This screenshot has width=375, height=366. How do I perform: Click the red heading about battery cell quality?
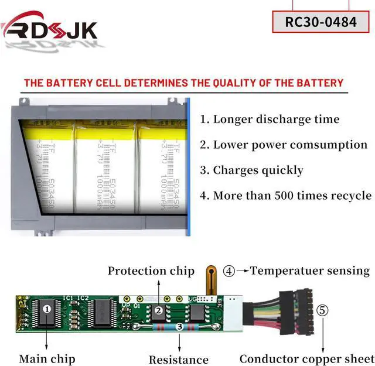pos(183,83)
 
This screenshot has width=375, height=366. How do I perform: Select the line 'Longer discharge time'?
pos(270,119)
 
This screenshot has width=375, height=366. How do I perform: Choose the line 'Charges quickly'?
pos(252,170)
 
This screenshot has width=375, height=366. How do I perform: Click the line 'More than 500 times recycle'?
pos(286,196)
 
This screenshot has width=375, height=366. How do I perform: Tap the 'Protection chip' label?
pos(151,271)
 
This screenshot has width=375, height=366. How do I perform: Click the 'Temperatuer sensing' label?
pos(310,271)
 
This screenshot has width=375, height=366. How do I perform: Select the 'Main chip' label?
pos(47,358)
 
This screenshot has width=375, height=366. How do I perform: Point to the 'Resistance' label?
pos(179,360)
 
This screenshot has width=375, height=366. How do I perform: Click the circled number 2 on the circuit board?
pos(158,310)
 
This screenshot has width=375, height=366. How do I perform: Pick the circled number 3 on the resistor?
pos(179,327)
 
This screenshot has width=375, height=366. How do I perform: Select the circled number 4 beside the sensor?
pos(229,271)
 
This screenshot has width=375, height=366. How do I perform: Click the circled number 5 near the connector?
pos(323,310)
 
